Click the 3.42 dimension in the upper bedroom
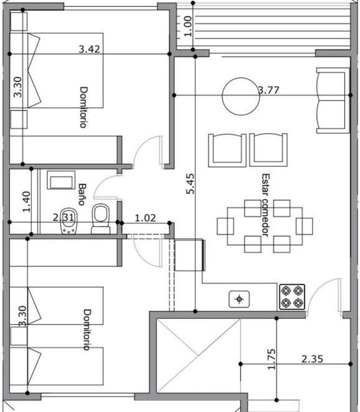pos(90,49)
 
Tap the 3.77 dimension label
pos(268,90)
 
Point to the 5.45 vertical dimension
pos(190,184)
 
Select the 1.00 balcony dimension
pos(187,26)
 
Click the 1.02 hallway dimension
pos(145,218)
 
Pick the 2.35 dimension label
pos(312,359)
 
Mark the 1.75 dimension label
pos(272,359)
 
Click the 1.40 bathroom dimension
pos(26,202)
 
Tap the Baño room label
pos(82,194)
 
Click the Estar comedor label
pos(265,205)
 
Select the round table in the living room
pos(241,96)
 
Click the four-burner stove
pos(292,297)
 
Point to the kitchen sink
pos(239,299)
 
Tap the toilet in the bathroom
pos(101,218)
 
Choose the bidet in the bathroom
pos(69,221)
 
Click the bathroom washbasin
pos(61,180)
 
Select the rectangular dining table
pos(265,227)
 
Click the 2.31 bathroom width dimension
pos(64,218)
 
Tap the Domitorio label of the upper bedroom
pos(83,107)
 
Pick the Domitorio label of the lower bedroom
pos(87,330)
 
